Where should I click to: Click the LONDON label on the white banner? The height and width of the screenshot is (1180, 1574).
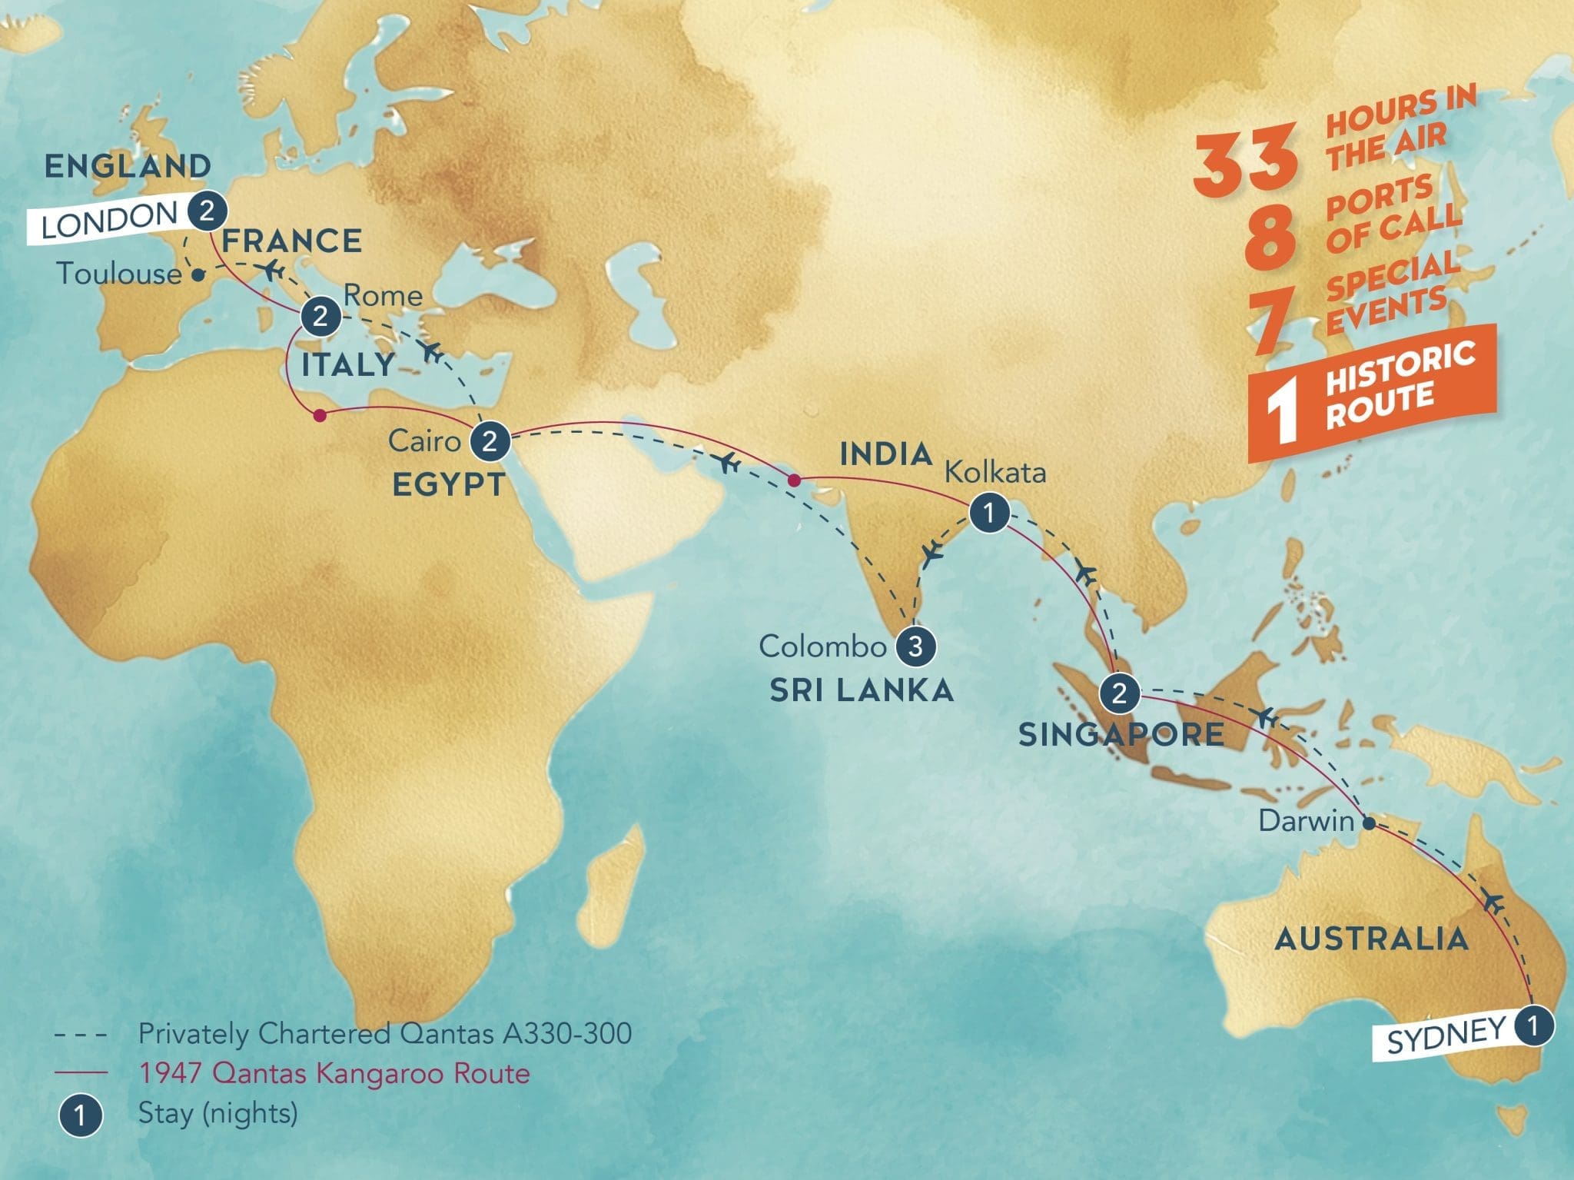109,222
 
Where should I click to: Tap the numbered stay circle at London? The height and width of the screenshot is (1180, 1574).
205,211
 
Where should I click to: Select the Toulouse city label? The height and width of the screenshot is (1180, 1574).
119,274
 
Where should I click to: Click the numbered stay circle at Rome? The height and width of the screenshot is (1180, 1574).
320,316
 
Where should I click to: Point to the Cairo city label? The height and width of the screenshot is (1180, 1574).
424,441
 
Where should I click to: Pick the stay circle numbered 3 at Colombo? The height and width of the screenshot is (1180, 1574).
915,646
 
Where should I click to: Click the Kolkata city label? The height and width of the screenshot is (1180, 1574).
995,472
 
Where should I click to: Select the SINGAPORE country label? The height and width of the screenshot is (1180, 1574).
1121,735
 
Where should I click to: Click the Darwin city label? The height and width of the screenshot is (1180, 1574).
1306,822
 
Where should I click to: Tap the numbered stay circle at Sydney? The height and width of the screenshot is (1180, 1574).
1532,1026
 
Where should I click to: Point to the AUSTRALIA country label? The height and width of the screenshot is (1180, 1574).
1371,939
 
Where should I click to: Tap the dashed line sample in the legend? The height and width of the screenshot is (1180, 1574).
80,1035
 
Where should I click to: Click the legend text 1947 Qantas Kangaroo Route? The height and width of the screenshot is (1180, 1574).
334,1073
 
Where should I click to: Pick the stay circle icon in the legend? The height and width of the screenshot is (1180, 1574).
80,1114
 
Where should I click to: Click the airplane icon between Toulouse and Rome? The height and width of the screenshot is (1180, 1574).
271,270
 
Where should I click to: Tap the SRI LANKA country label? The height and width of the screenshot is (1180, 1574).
862,690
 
